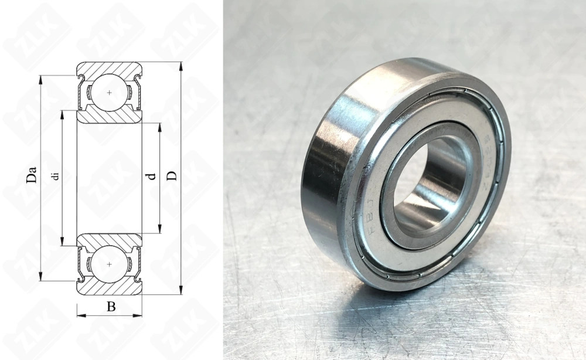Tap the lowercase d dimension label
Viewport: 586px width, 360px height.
click(x=152, y=175)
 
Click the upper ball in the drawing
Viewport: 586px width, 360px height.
click(x=110, y=92)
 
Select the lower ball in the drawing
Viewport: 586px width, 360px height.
click(x=110, y=264)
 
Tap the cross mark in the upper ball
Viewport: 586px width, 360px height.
click(x=110, y=92)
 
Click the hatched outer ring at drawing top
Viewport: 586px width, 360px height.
click(x=110, y=67)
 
